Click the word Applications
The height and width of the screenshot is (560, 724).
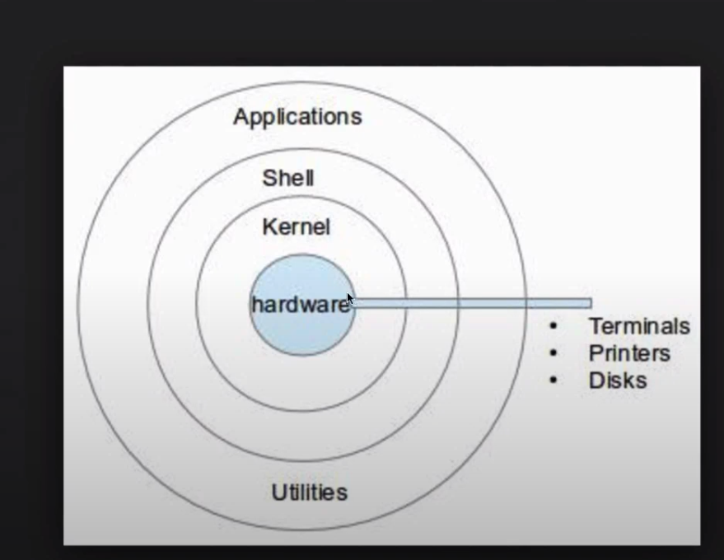pos(297,117)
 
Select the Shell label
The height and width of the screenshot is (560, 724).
pos(288,178)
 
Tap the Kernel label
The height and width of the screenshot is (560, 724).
pos(296,227)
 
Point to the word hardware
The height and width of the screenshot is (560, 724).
pos(300,305)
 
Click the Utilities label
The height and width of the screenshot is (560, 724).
pos(310,492)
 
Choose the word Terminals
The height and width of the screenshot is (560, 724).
pos(639,327)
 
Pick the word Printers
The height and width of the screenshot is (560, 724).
pos(629,353)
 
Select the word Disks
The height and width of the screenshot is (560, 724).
pos(617,380)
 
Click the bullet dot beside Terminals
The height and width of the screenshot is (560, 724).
pos(554,327)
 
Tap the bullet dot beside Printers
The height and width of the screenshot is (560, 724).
pos(554,353)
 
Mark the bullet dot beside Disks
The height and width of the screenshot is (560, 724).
pos(554,380)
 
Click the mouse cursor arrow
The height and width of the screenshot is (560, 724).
pos(350,299)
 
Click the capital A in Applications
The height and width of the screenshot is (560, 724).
pos(241,117)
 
